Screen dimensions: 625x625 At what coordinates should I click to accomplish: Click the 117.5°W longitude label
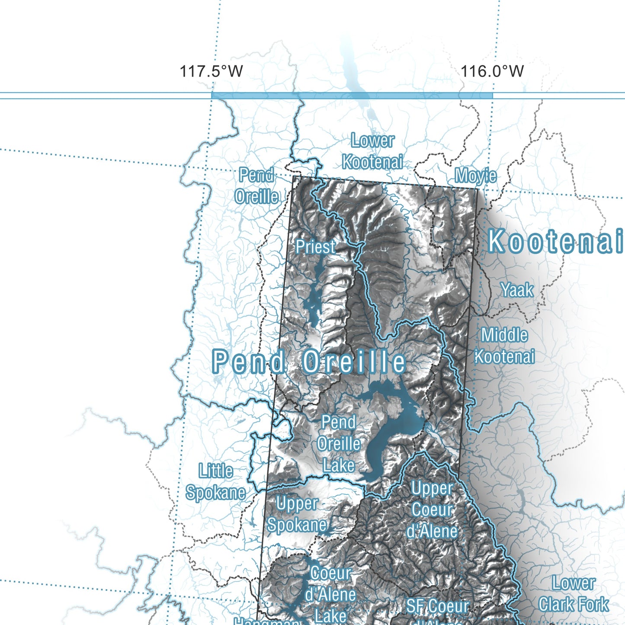tap(211, 71)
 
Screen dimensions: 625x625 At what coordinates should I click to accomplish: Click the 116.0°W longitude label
tap(492, 71)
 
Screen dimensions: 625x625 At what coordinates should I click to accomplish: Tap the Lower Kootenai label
tap(372, 151)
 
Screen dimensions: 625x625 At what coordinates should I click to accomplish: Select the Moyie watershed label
tap(475, 176)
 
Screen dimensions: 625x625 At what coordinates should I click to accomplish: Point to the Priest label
tap(315, 247)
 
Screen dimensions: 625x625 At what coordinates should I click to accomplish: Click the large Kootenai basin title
tap(555, 241)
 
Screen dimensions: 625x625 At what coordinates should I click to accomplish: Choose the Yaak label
tap(517, 290)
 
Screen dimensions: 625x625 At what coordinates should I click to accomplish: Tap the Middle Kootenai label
tap(504, 346)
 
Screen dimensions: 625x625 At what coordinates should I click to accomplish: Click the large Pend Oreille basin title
tap(309, 362)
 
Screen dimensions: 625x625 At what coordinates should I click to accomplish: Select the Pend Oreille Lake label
tap(339, 444)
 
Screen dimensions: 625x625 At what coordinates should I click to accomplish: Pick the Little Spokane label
tap(215, 482)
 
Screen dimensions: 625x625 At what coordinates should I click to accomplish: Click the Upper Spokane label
tap(297, 514)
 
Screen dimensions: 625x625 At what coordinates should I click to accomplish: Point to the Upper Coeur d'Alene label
tap(432, 510)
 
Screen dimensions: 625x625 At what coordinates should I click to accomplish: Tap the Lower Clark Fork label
tap(574, 594)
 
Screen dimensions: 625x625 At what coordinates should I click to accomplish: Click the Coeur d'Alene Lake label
tap(330, 595)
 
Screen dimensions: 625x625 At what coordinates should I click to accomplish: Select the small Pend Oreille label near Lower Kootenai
tap(256, 186)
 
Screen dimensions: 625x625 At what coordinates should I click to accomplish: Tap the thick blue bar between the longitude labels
tap(352, 96)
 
